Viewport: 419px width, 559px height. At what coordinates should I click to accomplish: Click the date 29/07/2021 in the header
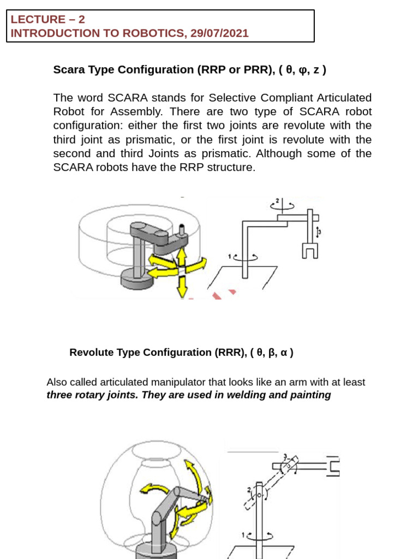219,33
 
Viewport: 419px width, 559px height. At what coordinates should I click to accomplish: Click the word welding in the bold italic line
252,395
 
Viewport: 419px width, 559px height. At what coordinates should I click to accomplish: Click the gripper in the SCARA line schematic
310,251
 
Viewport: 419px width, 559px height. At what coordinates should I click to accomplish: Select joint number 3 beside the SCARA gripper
320,232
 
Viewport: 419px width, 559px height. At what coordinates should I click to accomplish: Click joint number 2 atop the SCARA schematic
277,201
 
